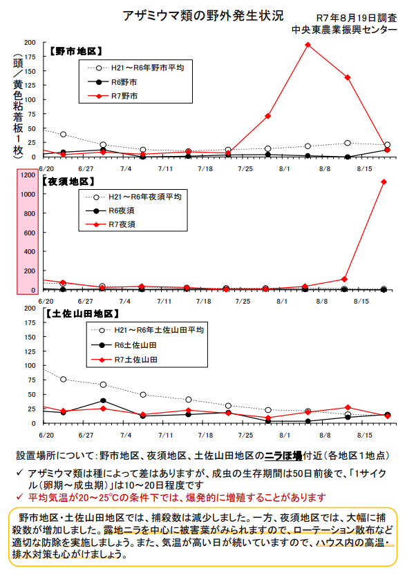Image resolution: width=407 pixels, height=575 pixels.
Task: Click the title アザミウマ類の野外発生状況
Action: tap(203, 16)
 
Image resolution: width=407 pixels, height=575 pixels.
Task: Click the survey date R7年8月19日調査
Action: tap(357, 18)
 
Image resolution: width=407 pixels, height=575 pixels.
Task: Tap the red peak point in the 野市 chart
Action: tap(308, 45)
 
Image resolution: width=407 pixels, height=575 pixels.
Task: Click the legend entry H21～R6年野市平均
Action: tap(136, 68)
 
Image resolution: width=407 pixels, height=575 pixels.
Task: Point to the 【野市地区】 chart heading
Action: tap(76, 51)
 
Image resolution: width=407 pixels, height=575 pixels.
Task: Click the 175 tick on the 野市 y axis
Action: tap(30, 57)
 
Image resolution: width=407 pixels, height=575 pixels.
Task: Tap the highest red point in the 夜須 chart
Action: tap(384, 182)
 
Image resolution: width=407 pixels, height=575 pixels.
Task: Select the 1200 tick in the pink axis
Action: tap(28, 175)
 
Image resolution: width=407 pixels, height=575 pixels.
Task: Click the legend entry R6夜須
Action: tap(110, 211)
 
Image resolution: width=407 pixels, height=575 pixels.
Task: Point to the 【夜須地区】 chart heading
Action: tap(68, 182)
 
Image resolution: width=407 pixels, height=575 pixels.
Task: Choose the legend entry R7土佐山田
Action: tap(124, 360)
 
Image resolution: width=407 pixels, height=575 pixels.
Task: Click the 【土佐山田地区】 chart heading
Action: tap(82, 314)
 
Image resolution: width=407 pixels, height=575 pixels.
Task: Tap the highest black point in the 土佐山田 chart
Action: tap(103, 401)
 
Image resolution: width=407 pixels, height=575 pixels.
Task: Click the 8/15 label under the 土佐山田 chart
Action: tap(365, 436)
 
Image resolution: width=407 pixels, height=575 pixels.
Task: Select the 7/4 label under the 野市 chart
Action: tap(126, 169)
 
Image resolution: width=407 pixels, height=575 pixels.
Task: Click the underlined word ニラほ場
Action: tap(283, 456)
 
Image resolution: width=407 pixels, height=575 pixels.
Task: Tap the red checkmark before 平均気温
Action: tap(20, 497)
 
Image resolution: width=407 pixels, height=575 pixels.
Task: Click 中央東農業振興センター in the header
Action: tap(344, 30)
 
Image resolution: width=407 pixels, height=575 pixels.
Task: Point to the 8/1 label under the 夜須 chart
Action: tap(282, 302)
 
